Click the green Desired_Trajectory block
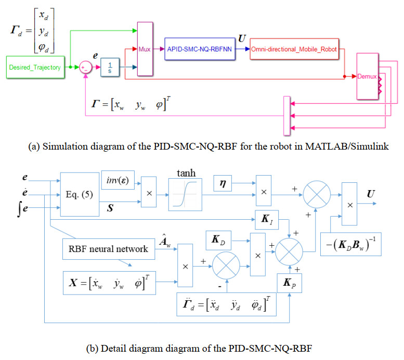pyautogui.click(x=35, y=67)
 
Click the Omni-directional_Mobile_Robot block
pyautogui.click(x=294, y=49)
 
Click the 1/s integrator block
pyautogui.click(x=110, y=67)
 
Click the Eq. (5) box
pyautogui.click(x=79, y=194)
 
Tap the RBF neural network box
pyautogui.click(x=108, y=248)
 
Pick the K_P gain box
pyautogui.click(x=289, y=284)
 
